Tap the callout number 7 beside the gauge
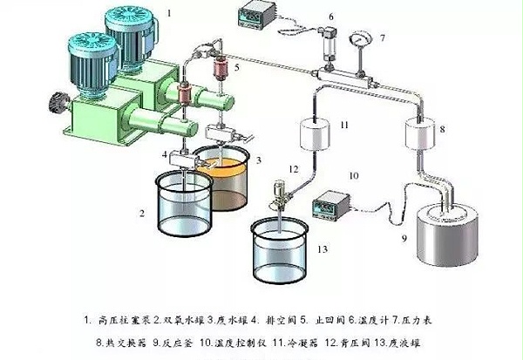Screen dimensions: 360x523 [x=381, y=38]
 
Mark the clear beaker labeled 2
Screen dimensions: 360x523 [x=182, y=200]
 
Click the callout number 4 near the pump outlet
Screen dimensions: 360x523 [x=163, y=155]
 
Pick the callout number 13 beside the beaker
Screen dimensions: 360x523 [x=323, y=249]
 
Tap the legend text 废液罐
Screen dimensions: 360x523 [x=413, y=336]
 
